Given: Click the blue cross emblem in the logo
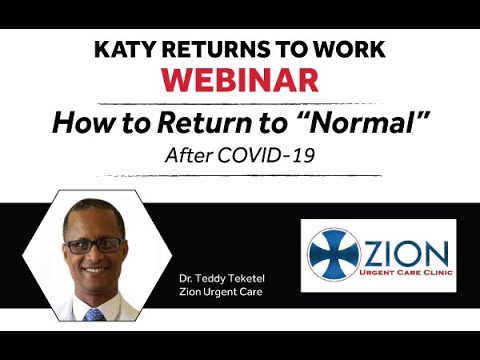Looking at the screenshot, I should coord(333,255).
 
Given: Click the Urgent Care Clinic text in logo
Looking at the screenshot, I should coord(404,272).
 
